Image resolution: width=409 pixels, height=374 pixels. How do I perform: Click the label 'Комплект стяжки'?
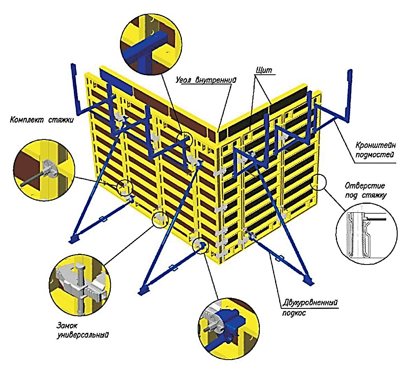pyautogui.click(x=42, y=119)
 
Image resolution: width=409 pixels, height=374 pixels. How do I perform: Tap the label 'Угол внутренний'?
pyautogui.click(x=206, y=80)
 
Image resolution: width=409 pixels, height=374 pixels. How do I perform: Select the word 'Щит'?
pyautogui.click(x=264, y=70)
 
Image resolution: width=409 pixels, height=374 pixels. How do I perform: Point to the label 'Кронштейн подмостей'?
pyautogui.click(x=375, y=149)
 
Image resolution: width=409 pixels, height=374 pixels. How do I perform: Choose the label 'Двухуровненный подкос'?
pyautogui.click(x=310, y=307)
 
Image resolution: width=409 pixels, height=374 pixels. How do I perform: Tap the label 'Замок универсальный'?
pyautogui.click(x=82, y=330)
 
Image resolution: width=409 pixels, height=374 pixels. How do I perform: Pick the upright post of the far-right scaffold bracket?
pyautogui.click(x=349, y=95)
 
